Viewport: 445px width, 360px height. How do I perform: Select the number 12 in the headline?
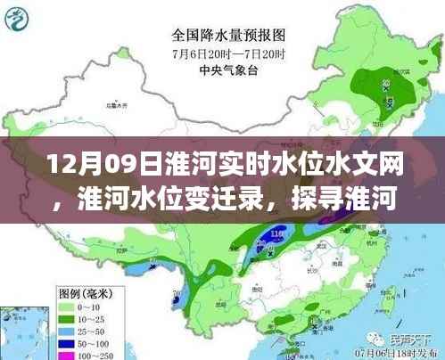55,165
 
